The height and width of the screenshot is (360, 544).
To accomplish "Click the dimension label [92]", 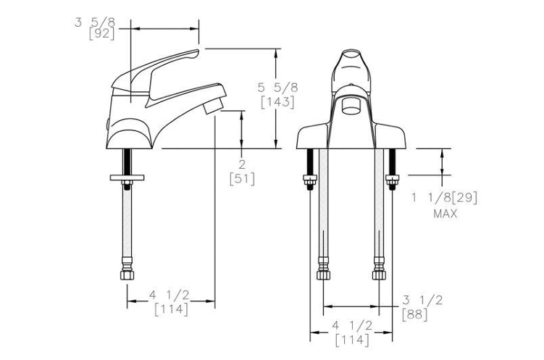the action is point(101,34).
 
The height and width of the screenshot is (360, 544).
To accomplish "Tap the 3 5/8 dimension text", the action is point(95,22).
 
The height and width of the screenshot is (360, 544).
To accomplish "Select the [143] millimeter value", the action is point(277,102).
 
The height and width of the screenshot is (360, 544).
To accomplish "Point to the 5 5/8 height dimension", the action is point(277,88).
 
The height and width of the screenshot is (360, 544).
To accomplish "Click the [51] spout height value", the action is point(242,179).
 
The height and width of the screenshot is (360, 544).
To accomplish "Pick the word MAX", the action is point(445,214).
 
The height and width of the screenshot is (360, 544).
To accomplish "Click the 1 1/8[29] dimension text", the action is point(445,198).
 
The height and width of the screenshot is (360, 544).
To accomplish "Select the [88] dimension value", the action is point(415,314).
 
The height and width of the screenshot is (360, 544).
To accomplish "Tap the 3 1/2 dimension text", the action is point(422,300).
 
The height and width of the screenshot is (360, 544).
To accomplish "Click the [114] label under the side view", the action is point(172,309).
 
